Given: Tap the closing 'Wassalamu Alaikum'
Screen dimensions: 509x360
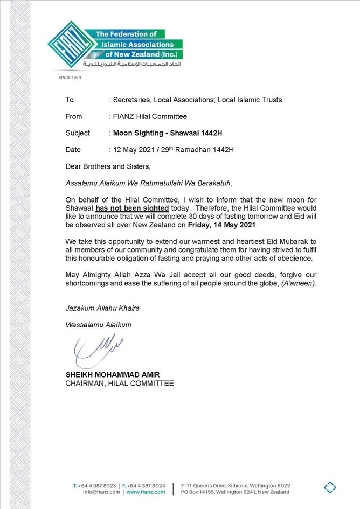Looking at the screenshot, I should (x=98, y=325).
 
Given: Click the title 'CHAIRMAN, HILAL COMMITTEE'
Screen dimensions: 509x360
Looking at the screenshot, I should (x=119, y=384).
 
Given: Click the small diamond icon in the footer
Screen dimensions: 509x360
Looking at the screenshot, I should (x=330, y=488).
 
